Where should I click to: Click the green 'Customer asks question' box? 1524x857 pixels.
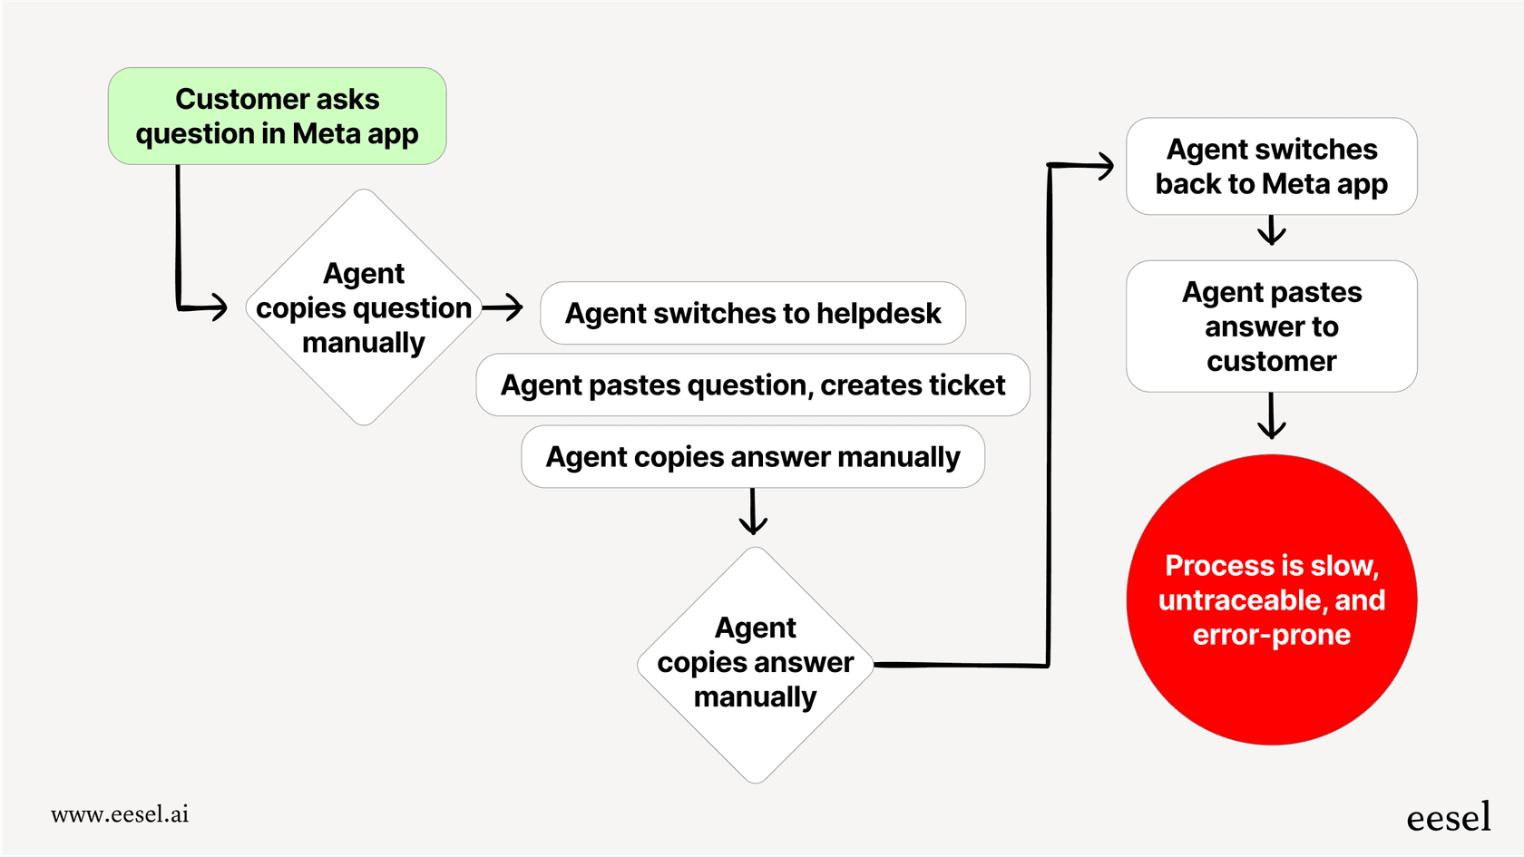click(x=277, y=116)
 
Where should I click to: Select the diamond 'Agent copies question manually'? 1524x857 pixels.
click(x=363, y=307)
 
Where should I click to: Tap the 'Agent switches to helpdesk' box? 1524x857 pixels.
click(x=752, y=313)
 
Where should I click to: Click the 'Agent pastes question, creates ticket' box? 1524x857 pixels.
click(x=752, y=385)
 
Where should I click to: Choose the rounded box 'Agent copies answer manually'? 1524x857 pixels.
click(x=752, y=456)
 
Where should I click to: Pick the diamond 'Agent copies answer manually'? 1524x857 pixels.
click(x=755, y=664)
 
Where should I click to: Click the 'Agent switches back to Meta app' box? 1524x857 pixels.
click(x=1271, y=166)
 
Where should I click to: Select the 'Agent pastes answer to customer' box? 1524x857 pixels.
click(x=1271, y=326)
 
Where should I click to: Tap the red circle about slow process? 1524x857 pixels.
click(x=1271, y=599)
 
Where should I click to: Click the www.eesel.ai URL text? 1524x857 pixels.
click(x=120, y=814)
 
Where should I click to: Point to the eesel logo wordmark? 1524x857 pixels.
click(x=1448, y=817)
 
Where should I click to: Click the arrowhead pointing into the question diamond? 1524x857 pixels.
click(x=218, y=307)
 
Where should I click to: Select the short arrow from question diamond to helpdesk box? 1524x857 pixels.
click(x=503, y=307)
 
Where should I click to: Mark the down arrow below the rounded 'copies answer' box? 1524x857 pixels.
click(x=753, y=513)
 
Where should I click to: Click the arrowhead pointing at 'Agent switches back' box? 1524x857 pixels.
click(x=1104, y=166)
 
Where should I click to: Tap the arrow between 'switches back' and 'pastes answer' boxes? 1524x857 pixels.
click(x=1271, y=231)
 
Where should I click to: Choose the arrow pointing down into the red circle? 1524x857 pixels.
click(x=1271, y=417)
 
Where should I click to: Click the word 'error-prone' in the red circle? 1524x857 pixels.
click(x=1271, y=635)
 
